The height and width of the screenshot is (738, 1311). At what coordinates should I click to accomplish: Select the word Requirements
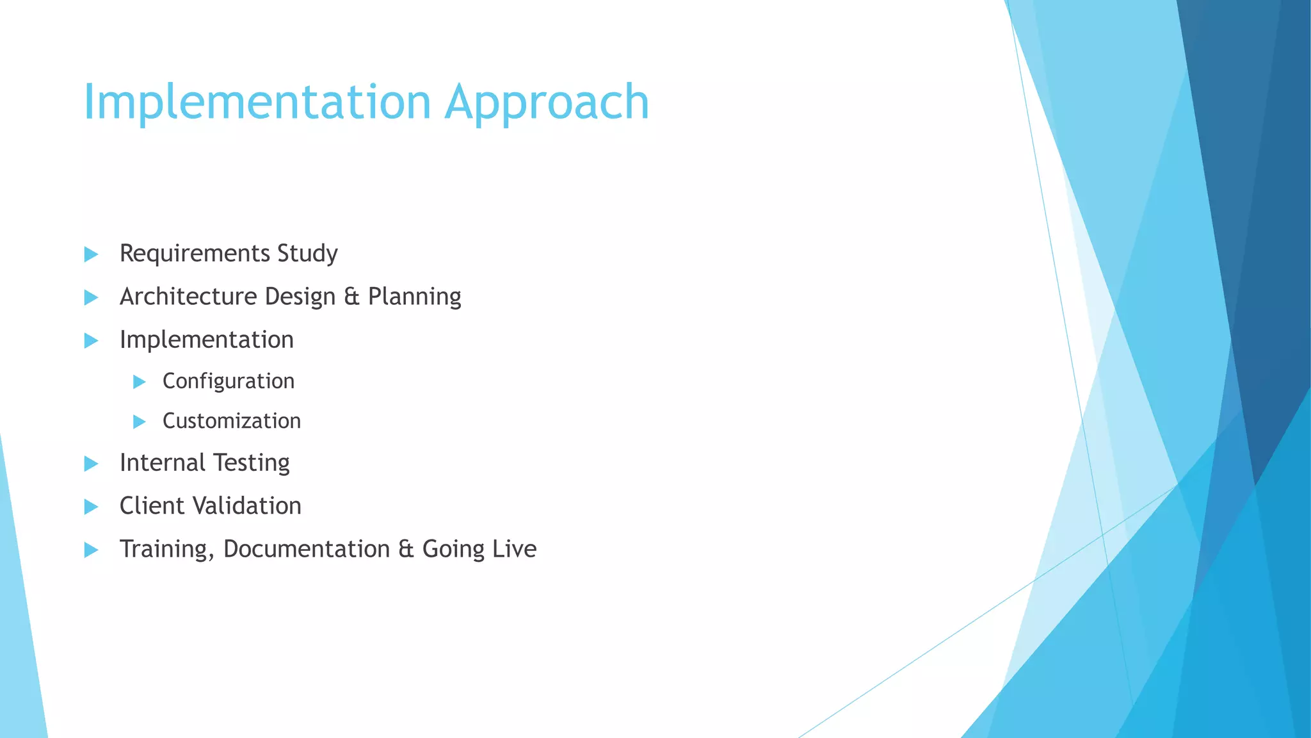click(195, 254)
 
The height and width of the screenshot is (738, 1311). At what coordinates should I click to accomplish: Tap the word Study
click(307, 254)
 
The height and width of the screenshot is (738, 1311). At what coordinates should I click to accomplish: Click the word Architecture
click(188, 297)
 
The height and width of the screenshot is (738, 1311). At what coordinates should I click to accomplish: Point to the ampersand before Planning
click(351, 297)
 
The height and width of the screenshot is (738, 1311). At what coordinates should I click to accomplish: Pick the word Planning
click(414, 297)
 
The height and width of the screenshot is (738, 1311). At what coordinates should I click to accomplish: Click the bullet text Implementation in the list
click(207, 340)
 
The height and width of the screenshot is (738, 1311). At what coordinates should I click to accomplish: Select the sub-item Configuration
click(229, 381)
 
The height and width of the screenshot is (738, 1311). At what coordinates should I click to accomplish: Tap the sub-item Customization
click(232, 421)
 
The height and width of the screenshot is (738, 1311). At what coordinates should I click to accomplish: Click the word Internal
click(162, 463)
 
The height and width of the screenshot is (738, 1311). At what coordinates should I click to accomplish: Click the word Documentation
click(307, 549)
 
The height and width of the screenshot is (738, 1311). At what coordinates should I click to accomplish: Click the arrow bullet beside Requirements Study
click(91, 254)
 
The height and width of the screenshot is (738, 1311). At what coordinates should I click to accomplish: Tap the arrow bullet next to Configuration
click(139, 382)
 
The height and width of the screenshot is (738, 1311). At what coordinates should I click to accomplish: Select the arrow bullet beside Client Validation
click(91, 507)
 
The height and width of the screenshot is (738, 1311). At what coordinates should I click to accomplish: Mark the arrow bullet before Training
click(91, 550)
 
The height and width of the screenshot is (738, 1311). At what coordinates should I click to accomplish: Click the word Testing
click(251, 463)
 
